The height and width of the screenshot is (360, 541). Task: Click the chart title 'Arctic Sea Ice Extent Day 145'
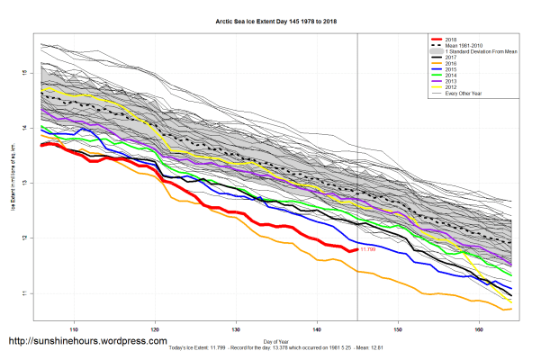pos(270,19)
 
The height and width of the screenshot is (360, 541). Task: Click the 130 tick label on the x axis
pos(237,328)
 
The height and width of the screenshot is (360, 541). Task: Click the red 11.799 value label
pos(367,249)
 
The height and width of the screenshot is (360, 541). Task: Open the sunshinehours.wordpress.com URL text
pos(87,342)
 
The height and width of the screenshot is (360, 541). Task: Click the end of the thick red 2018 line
pos(357,248)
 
